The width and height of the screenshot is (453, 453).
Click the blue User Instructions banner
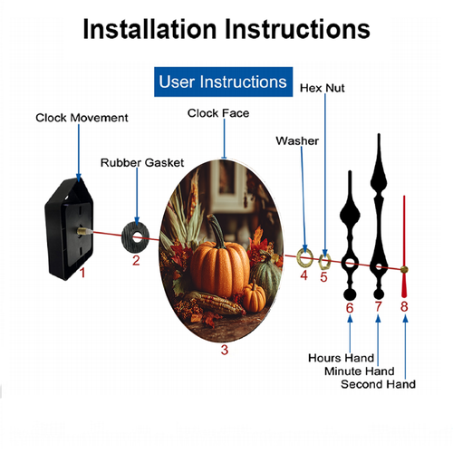coord(223,82)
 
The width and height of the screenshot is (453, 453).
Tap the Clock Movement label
coord(82,118)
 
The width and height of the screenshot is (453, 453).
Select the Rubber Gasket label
coord(142,163)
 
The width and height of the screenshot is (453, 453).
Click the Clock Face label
coord(218,113)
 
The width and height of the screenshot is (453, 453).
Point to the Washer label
coord(297,140)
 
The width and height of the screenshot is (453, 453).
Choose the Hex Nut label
coord(323,88)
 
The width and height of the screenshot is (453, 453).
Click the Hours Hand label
coord(341,358)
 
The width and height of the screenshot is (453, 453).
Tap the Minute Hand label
coord(360,371)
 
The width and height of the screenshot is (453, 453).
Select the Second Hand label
coord(378,384)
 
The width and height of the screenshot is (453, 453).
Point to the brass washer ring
coord(298,258)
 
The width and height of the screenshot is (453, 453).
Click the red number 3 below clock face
coord(225,350)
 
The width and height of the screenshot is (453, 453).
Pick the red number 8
coord(404,306)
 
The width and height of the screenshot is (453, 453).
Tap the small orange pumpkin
coord(254,296)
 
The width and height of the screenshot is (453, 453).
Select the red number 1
coord(82,273)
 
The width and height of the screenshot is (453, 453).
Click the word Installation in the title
coord(149,29)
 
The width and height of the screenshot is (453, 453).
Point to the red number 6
coord(350,308)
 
